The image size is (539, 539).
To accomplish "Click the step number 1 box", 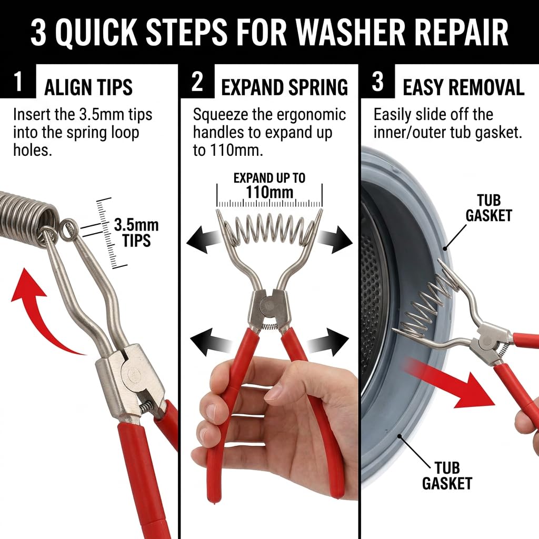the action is [17, 81].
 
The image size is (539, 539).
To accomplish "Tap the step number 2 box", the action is [197, 81].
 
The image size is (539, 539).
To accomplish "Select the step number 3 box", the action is [377, 81].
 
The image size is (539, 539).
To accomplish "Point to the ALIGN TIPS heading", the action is [88, 87].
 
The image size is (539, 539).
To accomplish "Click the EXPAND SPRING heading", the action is [284, 87].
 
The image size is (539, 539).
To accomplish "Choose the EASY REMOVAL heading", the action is [463, 87].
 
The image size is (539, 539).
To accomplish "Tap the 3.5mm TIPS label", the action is [136, 233].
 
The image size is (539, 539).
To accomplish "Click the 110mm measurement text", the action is [269, 192].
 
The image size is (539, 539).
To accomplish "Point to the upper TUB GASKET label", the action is [488, 208].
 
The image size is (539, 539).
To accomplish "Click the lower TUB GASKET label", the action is [447, 475].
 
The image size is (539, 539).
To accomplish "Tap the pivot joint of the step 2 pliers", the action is [267, 305].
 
